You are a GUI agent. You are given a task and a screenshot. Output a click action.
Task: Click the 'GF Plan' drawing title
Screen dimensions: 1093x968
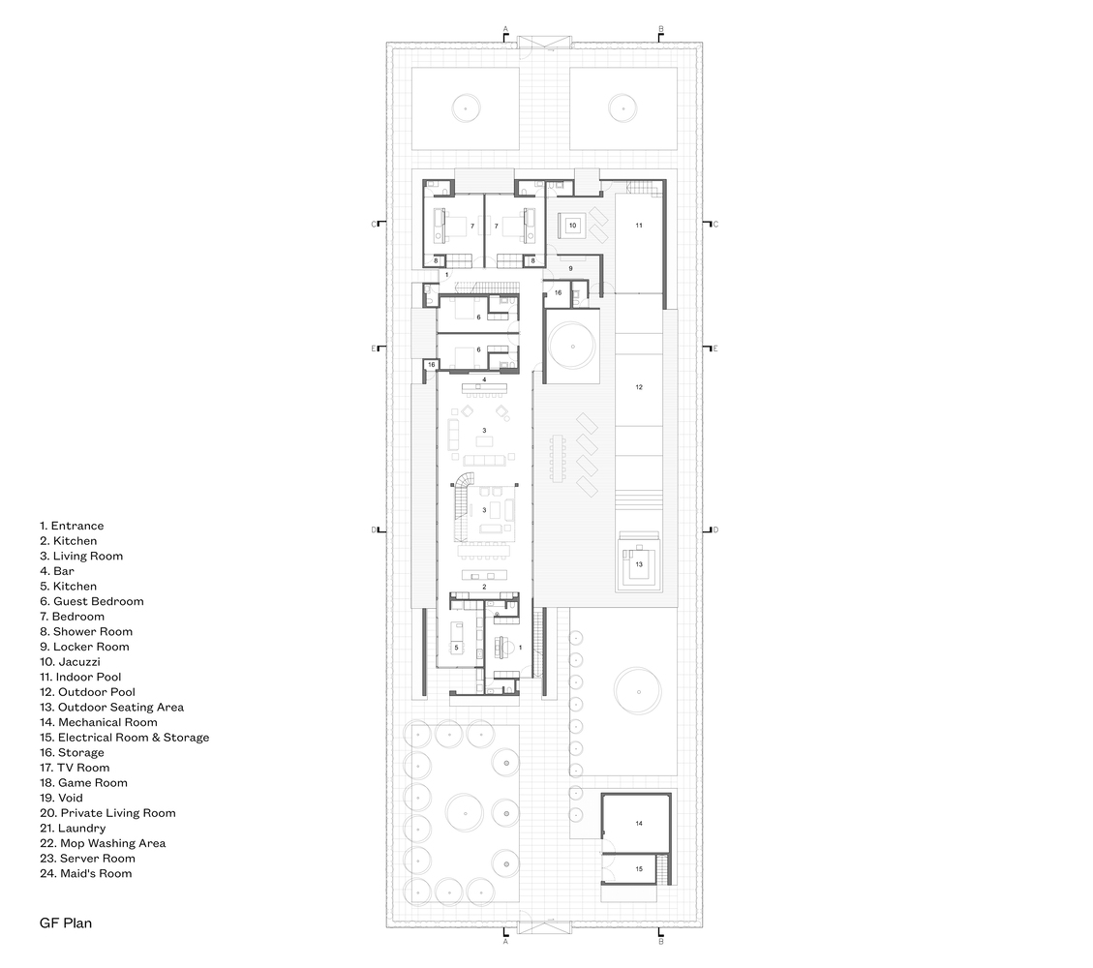pos(66,923)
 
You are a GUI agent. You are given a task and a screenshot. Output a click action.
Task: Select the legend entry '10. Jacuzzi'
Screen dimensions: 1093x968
pos(70,661)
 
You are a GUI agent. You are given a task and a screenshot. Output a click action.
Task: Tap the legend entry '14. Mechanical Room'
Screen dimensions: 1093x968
pos(99,722)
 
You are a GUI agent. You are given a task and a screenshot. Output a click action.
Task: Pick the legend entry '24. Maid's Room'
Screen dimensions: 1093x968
pos(86,873)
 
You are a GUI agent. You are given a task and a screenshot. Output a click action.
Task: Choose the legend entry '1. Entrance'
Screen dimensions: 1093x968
pos(72,526)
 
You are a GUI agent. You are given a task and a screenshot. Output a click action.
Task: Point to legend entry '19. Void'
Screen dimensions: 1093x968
pos(61,798)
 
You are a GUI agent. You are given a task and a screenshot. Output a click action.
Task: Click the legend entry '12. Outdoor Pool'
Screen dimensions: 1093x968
pos(87,692)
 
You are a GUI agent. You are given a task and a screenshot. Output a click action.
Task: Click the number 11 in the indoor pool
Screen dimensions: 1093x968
pos(639,226)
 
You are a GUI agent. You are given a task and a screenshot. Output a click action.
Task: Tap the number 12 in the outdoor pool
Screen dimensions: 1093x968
pos(639,387)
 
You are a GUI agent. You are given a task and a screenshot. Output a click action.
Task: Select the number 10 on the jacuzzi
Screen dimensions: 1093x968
pos(572,226)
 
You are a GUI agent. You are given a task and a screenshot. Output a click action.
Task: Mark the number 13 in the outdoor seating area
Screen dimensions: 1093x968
pos(639,564)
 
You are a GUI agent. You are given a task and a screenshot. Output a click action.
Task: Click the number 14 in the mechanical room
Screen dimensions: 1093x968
pos(639,824)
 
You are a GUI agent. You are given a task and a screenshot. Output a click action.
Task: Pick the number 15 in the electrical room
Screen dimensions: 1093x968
pos(639,869)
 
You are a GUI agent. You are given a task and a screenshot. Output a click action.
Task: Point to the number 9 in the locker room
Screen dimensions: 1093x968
pos(570,268)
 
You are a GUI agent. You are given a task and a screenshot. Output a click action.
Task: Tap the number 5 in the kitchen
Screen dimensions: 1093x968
pos(457,648)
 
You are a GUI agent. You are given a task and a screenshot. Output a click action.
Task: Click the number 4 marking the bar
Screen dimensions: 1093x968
pos(484,379)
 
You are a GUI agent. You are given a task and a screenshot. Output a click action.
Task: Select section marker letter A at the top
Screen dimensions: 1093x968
pos(506,29)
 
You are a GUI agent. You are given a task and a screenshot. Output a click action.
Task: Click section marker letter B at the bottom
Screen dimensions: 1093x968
pos(661,942)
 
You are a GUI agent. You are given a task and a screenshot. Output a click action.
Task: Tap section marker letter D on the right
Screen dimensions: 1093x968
pos(715,530)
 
